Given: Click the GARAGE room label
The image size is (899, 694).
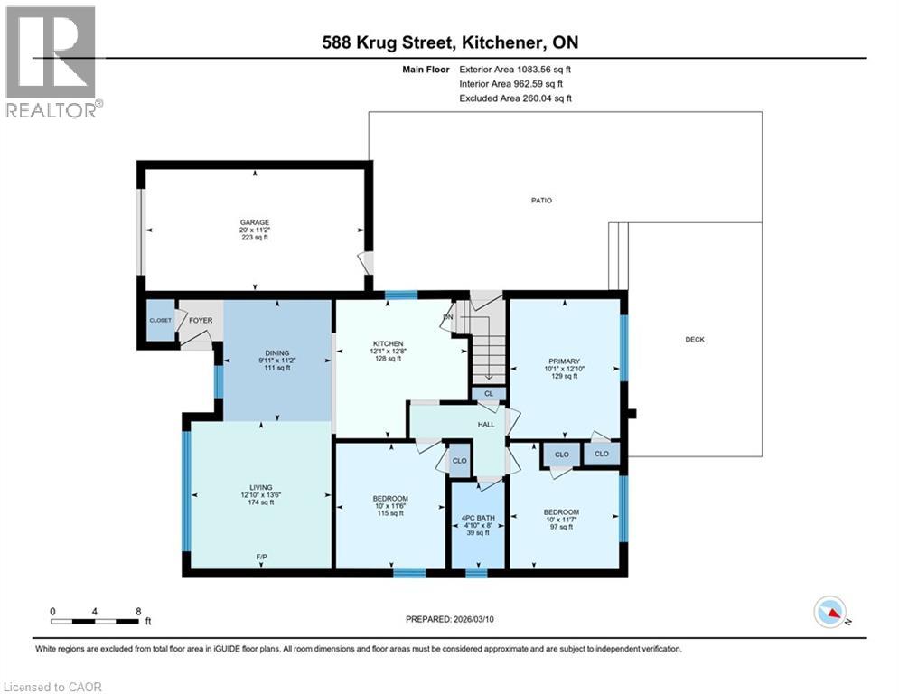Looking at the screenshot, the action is click(255, 222).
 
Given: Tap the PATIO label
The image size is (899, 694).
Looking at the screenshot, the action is click(541, 201).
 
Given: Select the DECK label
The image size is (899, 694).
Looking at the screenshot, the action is click(695, 340).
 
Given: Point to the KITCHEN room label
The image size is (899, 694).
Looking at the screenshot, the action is click(389, 343).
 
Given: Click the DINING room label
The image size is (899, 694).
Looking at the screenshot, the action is click(276, 353).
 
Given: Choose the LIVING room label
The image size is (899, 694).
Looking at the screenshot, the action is click(261, 488).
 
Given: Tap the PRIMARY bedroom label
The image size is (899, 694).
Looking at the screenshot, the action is click(564, 361).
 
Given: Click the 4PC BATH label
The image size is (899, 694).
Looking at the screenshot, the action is click(478, 518).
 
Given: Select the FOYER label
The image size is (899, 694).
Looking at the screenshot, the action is click(201, 320).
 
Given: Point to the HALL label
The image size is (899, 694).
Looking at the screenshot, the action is click(486, 425).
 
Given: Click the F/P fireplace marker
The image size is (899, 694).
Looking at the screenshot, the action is click(261, 557).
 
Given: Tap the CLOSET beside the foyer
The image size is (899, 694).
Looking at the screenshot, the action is click(160, 320).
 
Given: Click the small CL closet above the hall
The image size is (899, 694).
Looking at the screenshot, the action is click(489, 393).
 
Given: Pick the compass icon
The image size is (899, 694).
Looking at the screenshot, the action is click(830, 612).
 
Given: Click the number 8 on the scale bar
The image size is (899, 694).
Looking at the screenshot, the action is click(138, 612).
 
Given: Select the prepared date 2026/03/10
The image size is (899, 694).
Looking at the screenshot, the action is click(473, 619).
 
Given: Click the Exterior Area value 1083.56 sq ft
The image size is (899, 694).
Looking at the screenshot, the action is click(544, 70).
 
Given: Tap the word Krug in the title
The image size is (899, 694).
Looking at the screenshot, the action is click(376, 42).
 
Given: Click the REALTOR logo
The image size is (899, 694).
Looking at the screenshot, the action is click(53, 61).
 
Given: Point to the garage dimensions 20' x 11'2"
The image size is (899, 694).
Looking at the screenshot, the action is click(255, 230).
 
